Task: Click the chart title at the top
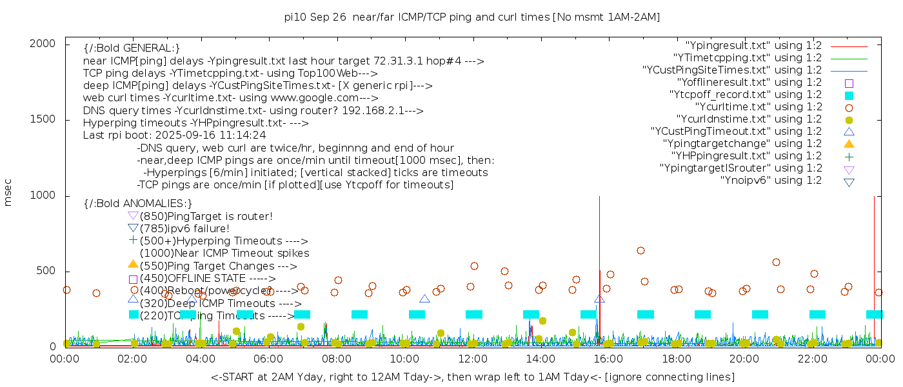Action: click(472, 17)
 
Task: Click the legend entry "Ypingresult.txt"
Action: click(753, 45)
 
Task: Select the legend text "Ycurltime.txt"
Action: click(758, 106)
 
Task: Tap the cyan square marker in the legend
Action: click(849, 95)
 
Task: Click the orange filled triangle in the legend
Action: click(849, 143)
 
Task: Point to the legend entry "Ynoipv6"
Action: click(771, 180)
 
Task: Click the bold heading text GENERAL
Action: click(132, 48)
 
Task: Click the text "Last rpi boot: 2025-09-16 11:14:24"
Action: click(174, 135)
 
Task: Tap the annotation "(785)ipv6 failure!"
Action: click(184, 228)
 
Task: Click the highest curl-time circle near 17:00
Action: click(640, 250)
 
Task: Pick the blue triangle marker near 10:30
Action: click(424, 299)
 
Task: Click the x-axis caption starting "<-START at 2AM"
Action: click(472, 377)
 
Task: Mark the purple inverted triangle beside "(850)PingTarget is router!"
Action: click(133, 215)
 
